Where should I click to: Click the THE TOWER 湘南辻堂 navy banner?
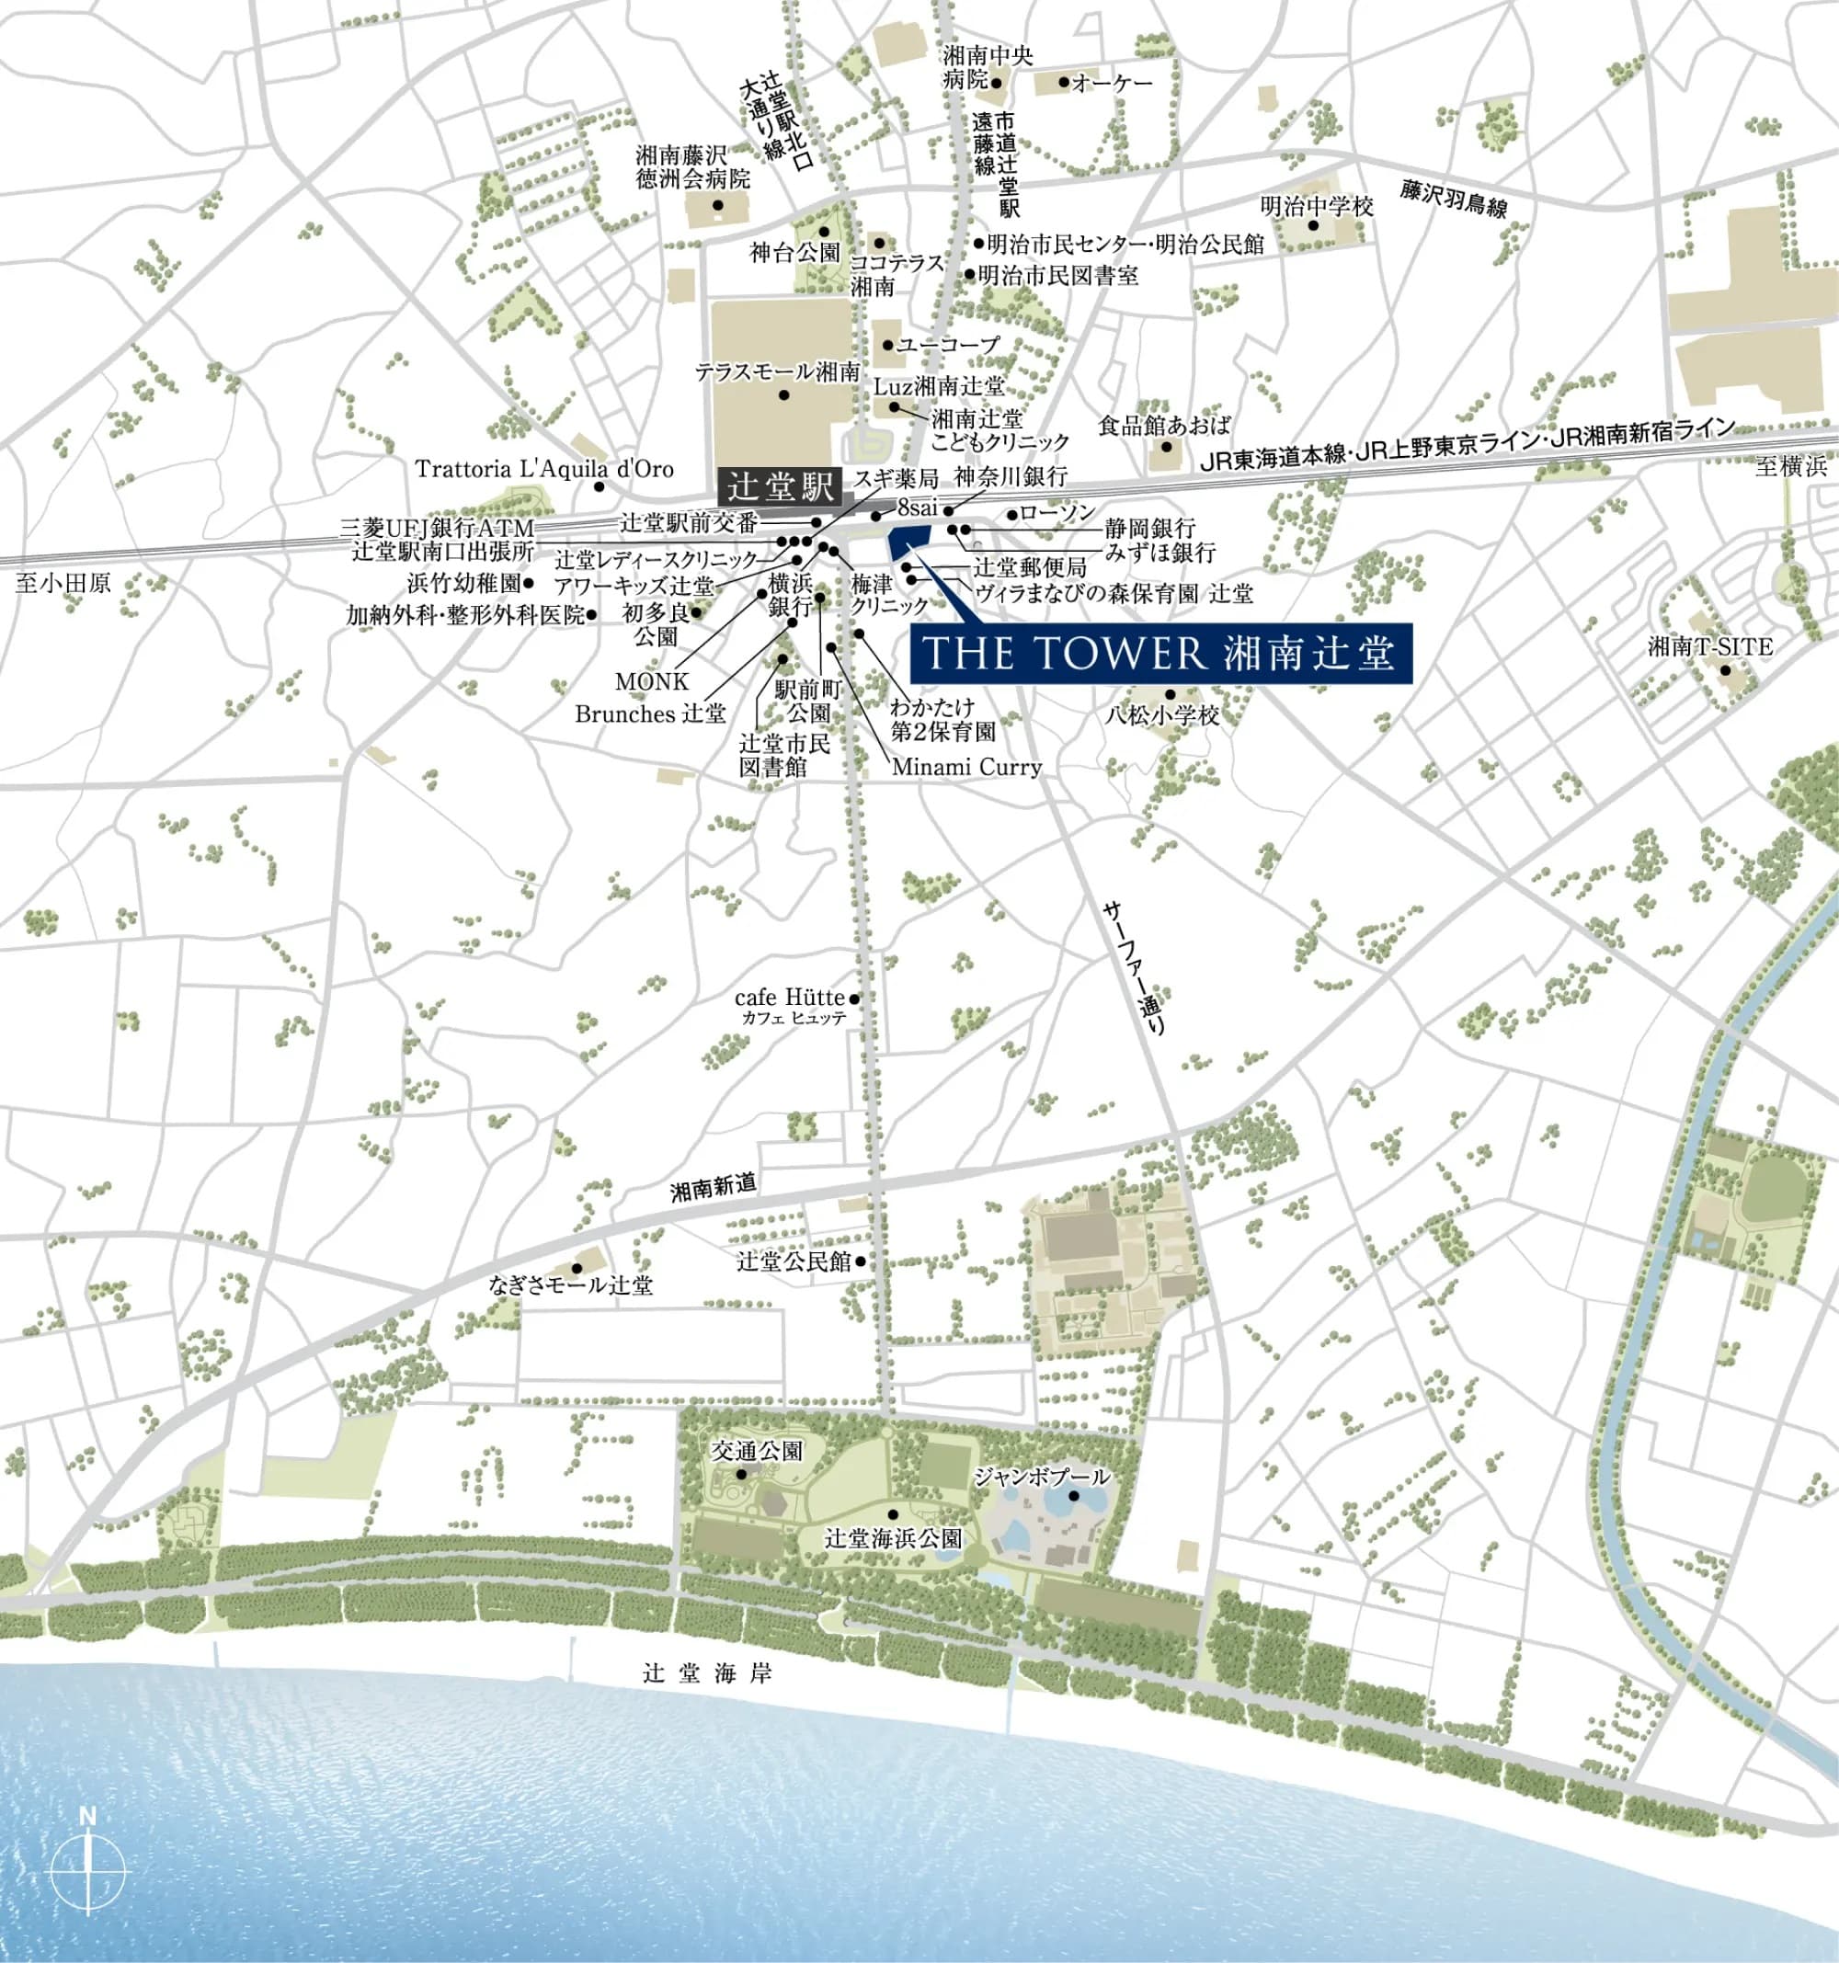pyautogui.click(x=1160, y=654)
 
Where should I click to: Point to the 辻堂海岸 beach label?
pyautogui.click(x=707, y=1672)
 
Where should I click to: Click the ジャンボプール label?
pyautogui.click(x=1042, y=1478)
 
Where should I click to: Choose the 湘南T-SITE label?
pyautogui.click(x=1710, y=646)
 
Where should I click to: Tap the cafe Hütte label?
pyautogui.click(x=789, y=998)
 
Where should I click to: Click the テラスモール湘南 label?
pyautogui.click(x=777, y=372)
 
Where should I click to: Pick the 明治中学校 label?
pyautogui.click(x=1317, y=206)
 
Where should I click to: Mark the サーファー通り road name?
pyautogui.click(x=1136, y=967)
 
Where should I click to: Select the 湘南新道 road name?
pyautogui.click(x=714, y=1186)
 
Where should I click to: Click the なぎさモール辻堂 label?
pyautogui.click(x=571, y=1285)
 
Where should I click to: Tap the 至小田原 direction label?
pyautogui.click(x=63, y=584)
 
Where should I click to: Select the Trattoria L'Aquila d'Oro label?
pyautogui.click(x=544, y=469)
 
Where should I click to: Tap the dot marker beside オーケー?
pyautogui.click(x=1064, y=82)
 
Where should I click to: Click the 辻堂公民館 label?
pyautogui.click(x=794, y=1261)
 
